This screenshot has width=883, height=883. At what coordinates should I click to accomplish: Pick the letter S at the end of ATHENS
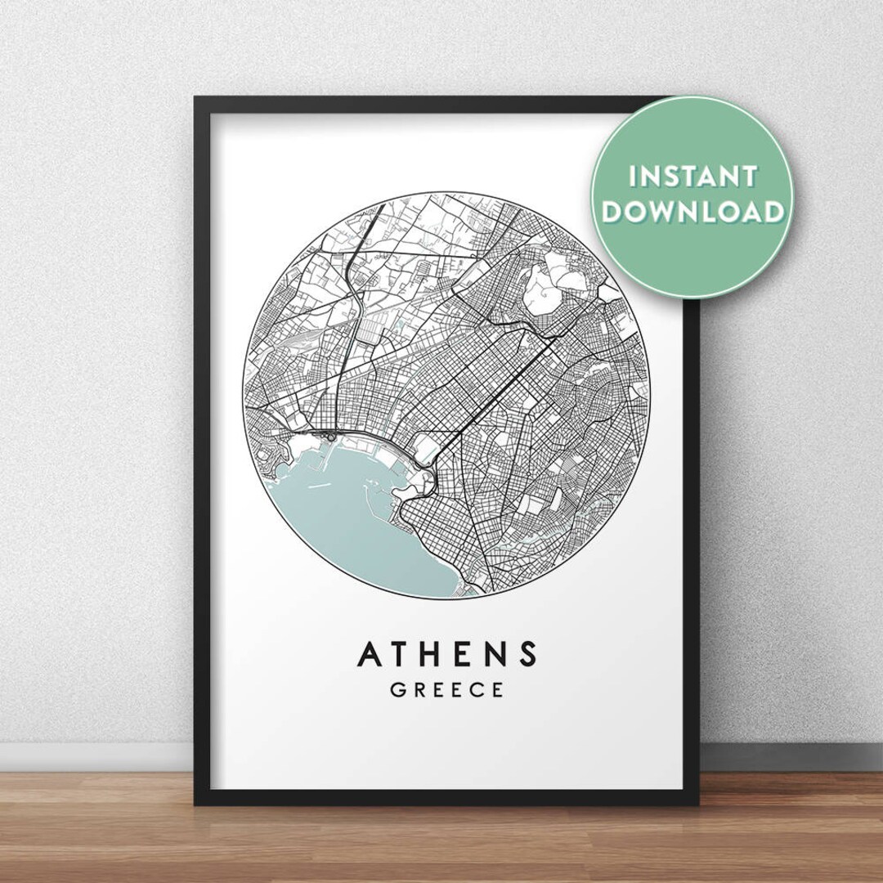pyautogui.click(x=529, y=654)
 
